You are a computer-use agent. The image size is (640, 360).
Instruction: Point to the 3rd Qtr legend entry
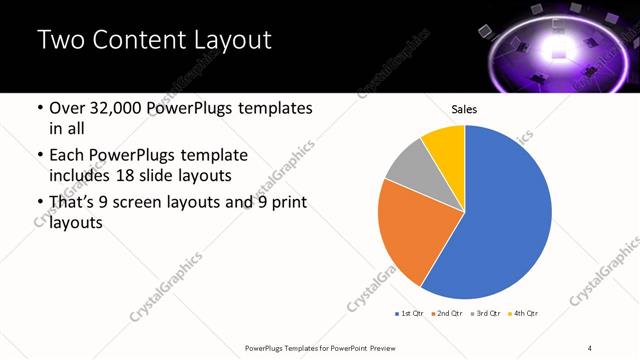tap(484, 314)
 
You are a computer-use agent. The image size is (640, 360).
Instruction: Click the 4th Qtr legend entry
tap(522, 314)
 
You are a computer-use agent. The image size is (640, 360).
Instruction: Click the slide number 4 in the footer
tap(591, 347)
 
